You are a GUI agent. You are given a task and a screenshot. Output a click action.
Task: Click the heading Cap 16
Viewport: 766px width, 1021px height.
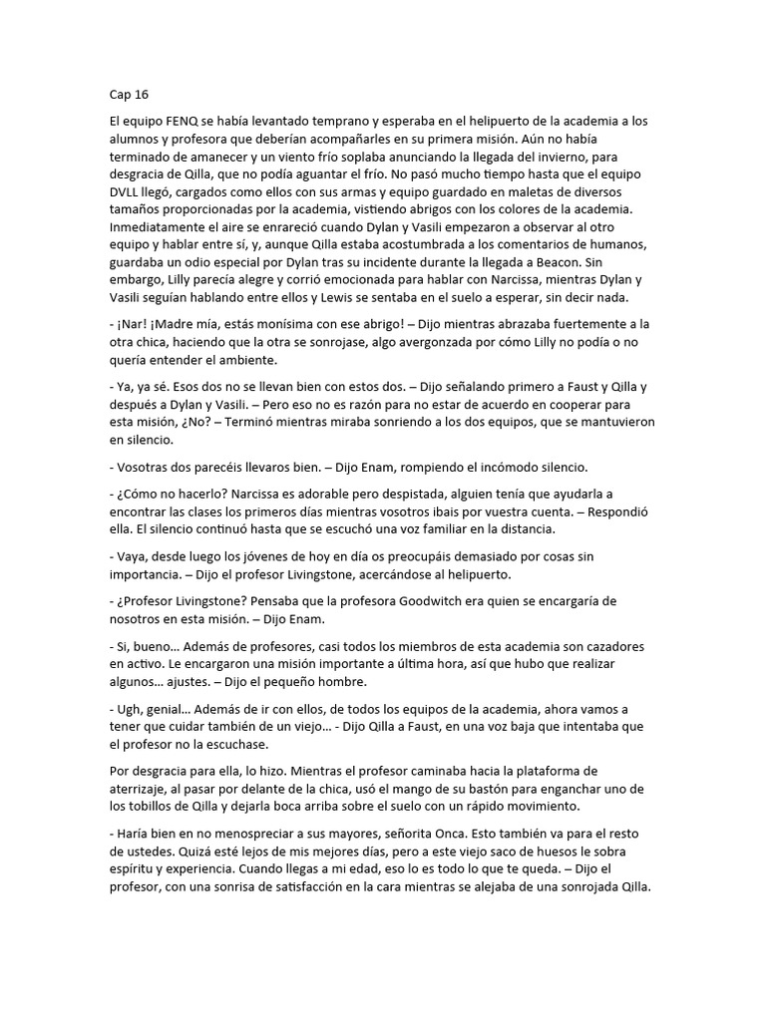point(128,95)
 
